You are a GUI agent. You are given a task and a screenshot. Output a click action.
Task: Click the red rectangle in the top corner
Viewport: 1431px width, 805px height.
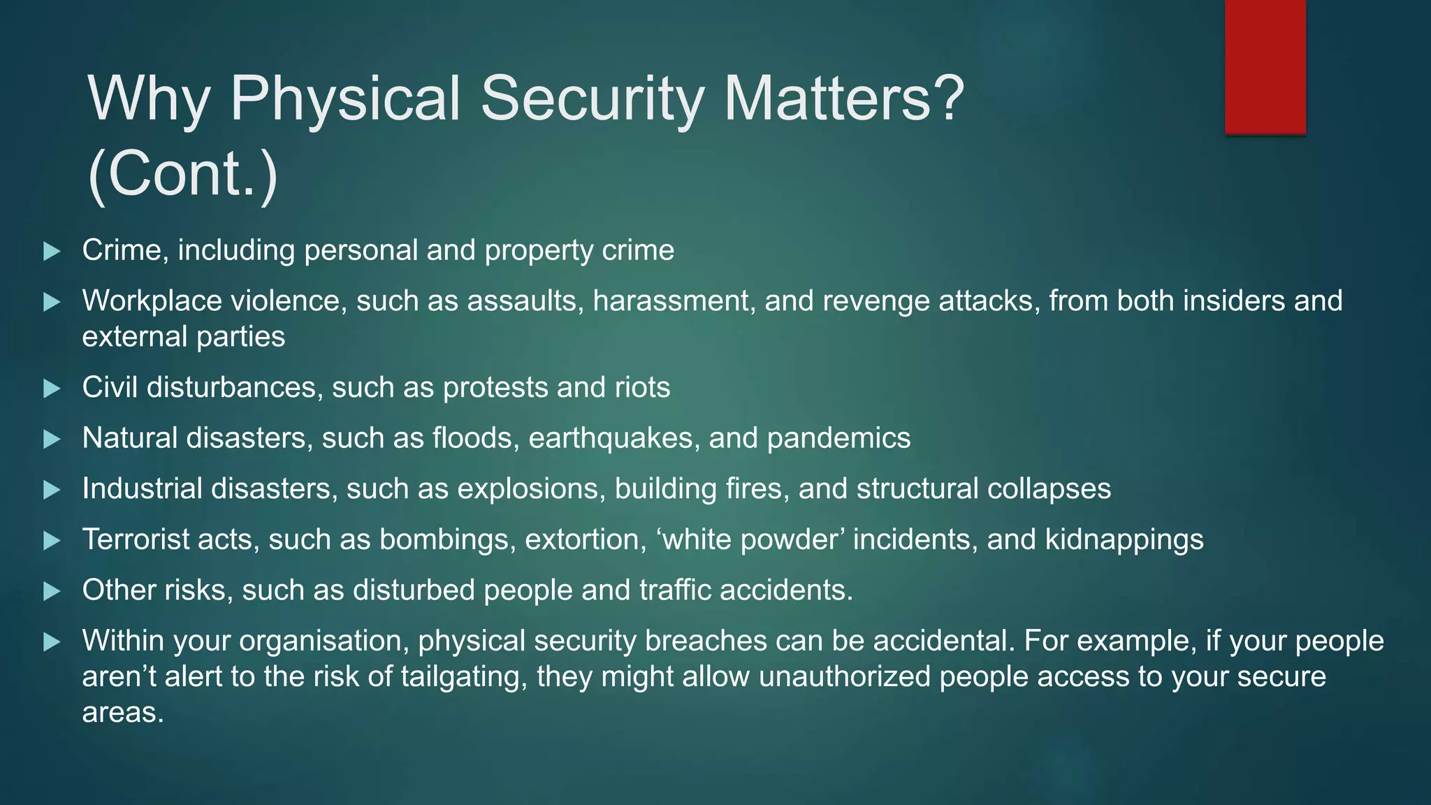point(1265,66)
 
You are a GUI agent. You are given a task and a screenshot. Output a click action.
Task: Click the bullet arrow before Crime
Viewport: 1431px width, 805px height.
point(52,252)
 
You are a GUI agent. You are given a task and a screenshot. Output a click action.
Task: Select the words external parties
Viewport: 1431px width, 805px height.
point(183,337)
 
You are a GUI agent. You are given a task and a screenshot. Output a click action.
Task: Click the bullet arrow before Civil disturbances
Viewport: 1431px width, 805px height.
point(52,389)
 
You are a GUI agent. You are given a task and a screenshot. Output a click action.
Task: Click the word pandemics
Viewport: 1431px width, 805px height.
point(838,438)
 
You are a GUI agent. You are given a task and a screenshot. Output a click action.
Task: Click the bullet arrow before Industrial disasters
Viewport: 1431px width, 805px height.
point(52,490)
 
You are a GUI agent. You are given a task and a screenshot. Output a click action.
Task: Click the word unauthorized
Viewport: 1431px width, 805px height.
point(844,677)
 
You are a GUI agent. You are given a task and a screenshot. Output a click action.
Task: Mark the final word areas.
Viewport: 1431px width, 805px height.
point(122,713)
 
